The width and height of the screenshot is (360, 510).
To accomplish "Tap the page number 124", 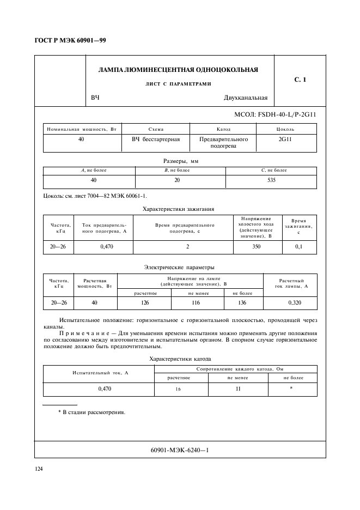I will pyautogui.click(x=39, y=469).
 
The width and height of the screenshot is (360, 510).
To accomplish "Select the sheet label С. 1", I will pyautogui.click(x=300, y=80).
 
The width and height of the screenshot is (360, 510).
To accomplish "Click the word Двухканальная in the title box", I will pyautogui.click(x=245, y=98).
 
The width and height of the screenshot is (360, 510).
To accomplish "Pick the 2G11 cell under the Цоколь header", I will pyautogui.click(x=285, y=139).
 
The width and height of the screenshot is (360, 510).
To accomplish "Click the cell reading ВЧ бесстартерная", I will pyautogui.click(x=155, y=139).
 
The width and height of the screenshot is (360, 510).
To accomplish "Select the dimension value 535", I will pyautogui.click(x=272, y=180).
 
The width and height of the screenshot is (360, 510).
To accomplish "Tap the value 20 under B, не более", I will pyautogui.click(x=177, y=180).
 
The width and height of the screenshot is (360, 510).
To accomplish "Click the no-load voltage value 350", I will pyautogui.click(x=256, y=247).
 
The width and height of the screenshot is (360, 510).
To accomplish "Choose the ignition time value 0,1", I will pyautogui.click(x=298, y=247).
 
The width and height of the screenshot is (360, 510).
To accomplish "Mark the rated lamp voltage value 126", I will pyautogui.click(x=145, y=302).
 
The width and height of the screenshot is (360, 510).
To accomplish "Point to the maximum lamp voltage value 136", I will pyautogui.click(x=242, y=302).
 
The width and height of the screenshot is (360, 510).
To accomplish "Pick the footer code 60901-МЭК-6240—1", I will pyautogui.click(x=180, y=450).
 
